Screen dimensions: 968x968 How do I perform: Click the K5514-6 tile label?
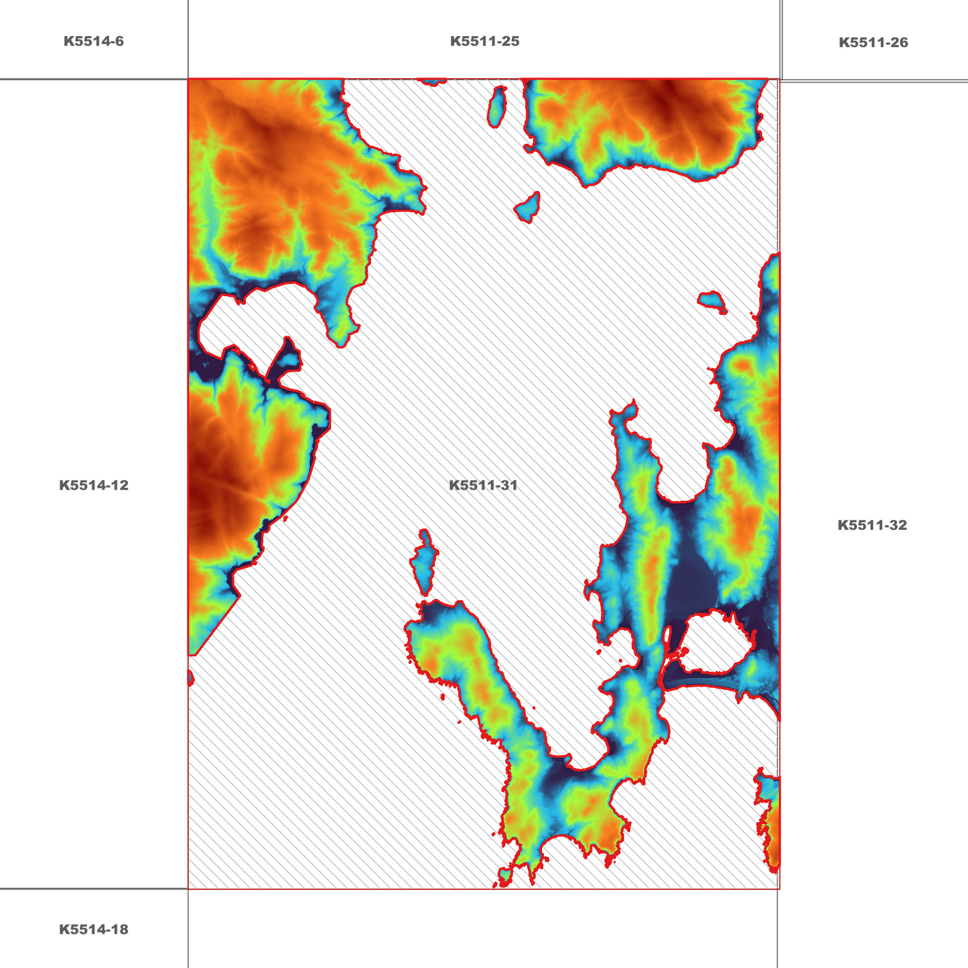(94, 42)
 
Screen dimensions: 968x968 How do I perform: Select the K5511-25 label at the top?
(484, 42)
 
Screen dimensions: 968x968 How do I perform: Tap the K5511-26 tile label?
(873, 43)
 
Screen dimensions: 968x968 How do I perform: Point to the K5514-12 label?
(94, 486)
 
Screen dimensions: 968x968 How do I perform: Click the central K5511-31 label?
(483, 486)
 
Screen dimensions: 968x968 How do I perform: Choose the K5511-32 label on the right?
(872, 525)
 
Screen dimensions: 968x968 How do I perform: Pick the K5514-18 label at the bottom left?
(94, 930)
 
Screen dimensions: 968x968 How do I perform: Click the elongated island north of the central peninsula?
(424, 561)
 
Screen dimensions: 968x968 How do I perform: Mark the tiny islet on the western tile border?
(190, 679)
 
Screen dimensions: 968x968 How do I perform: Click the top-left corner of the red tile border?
(188, 79)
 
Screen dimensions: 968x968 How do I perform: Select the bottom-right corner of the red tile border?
(779, 889)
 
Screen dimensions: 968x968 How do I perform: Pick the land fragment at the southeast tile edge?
(770, 824)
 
